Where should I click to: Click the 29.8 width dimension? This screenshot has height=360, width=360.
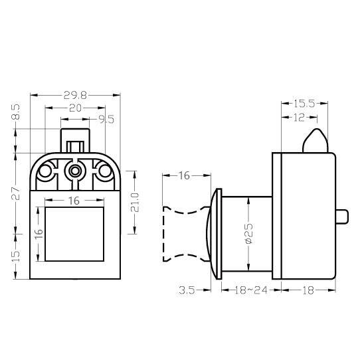pos(75,95)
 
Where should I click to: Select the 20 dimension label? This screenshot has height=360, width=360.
pos(75,108)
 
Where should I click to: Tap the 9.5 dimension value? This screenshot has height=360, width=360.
pos(106,120)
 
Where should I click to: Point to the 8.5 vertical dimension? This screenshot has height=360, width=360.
pos(16,112)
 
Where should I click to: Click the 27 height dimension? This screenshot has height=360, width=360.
pos(16,193)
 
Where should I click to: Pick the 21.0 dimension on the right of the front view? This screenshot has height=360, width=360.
pos(135,203)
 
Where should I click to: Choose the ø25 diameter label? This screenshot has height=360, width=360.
pos(248,233)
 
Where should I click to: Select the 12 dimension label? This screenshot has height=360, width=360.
pos(299,118)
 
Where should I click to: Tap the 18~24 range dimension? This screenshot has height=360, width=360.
pos(250,290)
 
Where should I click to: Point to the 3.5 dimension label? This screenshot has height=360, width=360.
pos(187,290)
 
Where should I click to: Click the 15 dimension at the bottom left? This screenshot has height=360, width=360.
pos(16,256)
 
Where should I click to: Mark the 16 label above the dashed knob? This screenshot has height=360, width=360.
pos(184,175)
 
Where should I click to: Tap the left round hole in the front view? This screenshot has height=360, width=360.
pos(45,171)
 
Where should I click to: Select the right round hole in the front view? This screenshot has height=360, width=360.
pos(105,171)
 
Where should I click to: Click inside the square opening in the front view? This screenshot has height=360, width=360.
pos(74,234)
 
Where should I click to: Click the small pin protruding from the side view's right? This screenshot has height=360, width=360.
pos(342,216)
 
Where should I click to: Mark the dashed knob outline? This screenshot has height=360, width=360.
pos(163,234)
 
